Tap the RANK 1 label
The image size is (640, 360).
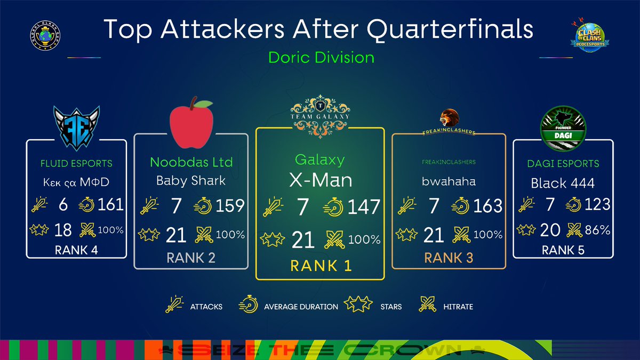321,265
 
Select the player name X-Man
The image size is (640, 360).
321,180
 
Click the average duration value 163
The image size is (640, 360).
487,206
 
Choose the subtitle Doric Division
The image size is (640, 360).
321,57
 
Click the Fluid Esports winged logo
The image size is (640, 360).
76,126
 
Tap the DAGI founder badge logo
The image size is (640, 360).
564,126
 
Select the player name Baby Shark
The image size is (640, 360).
191,180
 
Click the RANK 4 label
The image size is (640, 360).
76,250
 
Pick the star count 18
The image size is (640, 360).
63,230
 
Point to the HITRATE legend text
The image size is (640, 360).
458,307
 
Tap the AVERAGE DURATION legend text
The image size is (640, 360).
301,307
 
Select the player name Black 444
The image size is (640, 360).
563,183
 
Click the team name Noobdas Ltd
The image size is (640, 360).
191,162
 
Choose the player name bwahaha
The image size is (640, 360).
449,181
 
